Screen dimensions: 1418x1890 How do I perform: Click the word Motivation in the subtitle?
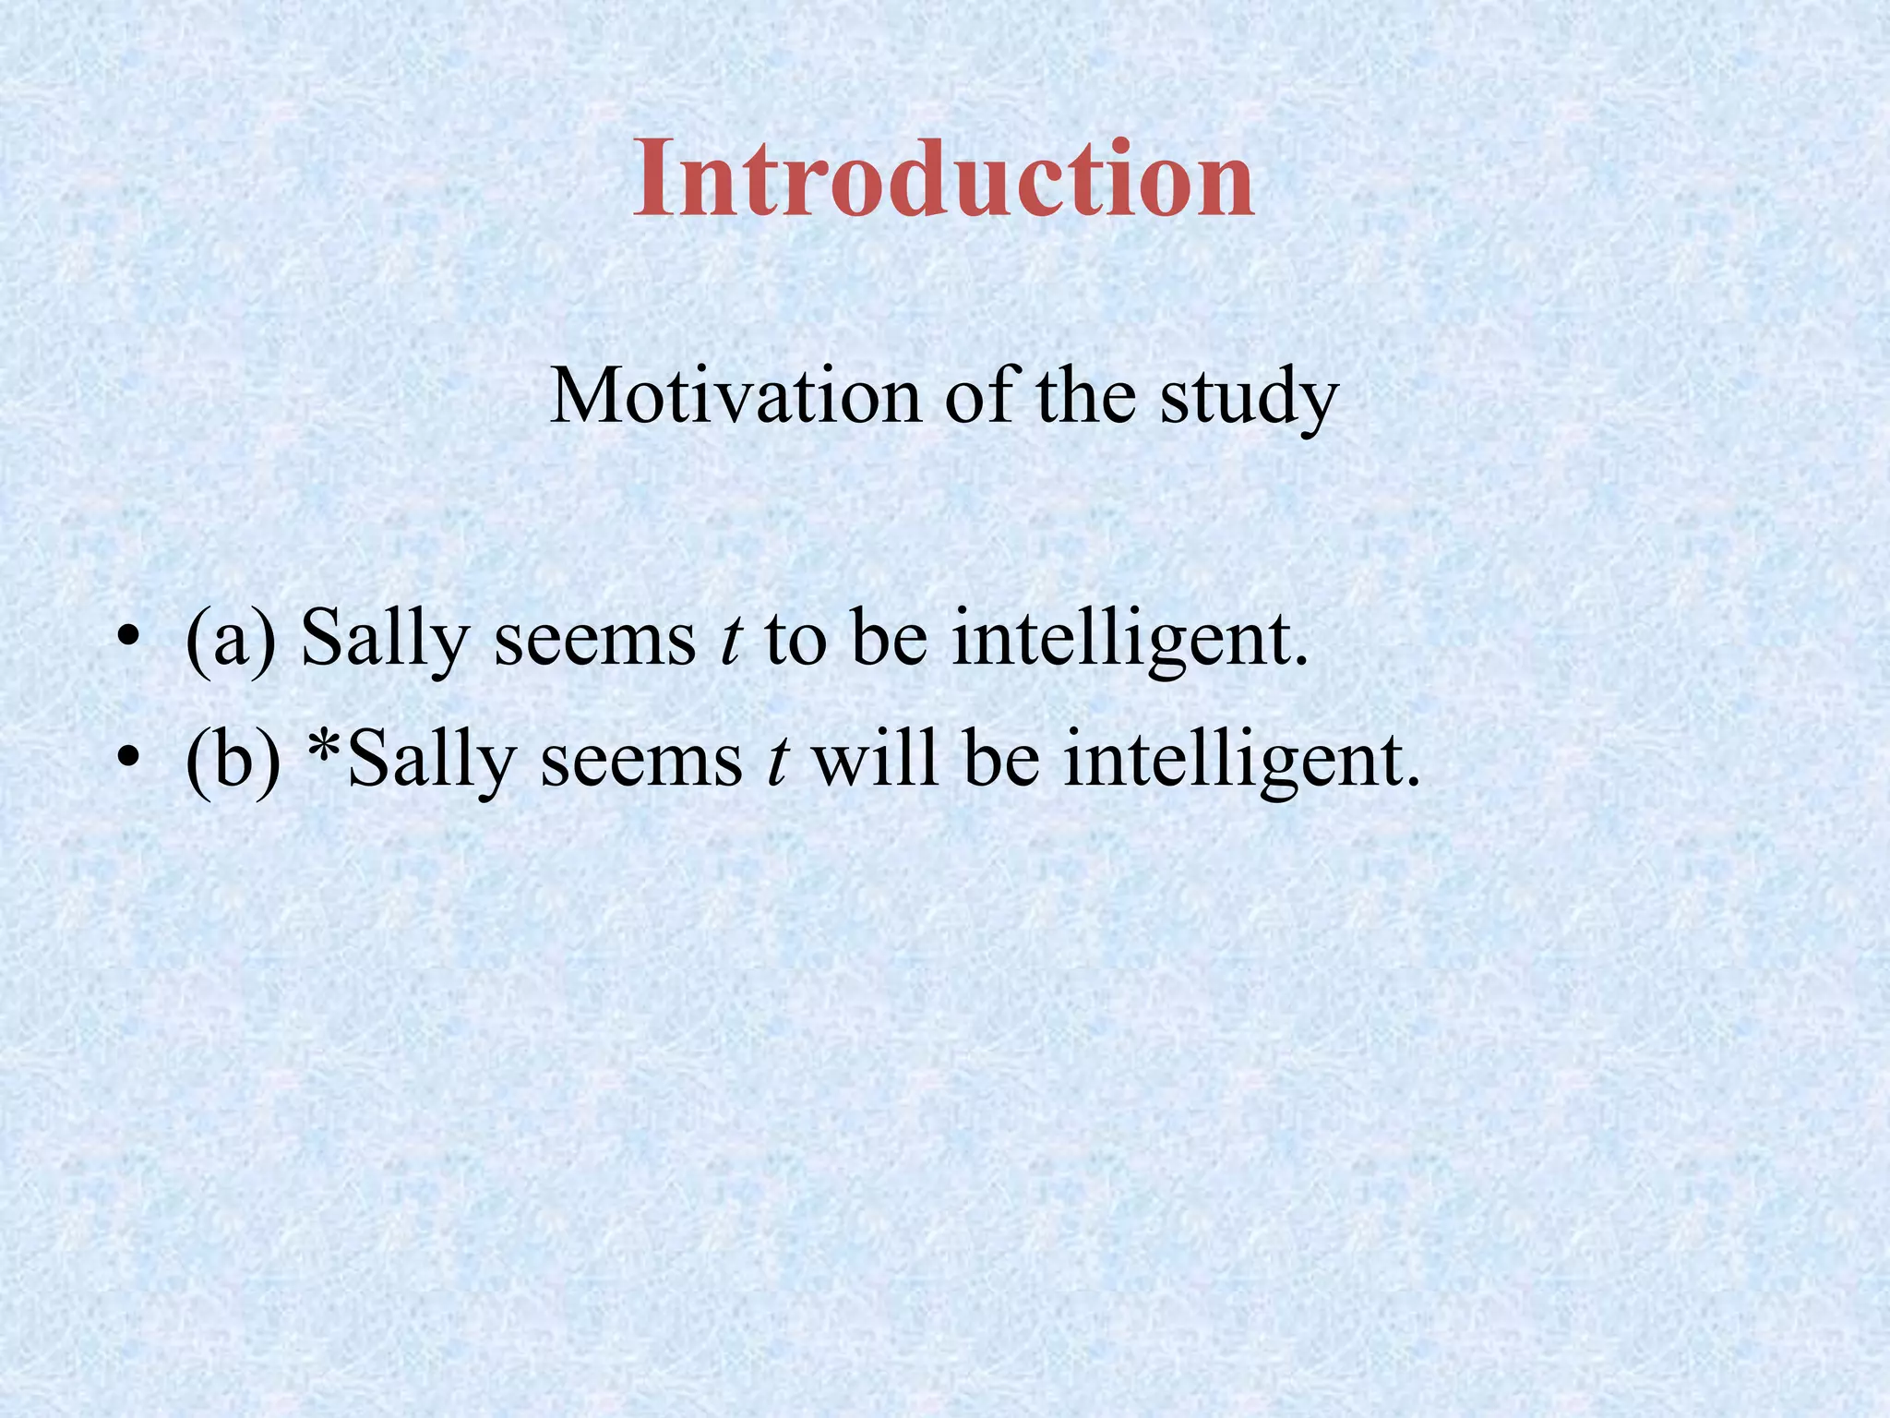(736, 396)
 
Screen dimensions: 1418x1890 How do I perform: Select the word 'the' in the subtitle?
(1085, 396)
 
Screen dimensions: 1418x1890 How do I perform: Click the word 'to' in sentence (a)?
(795, 640)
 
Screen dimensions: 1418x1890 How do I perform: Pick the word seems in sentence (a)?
(595, 640)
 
